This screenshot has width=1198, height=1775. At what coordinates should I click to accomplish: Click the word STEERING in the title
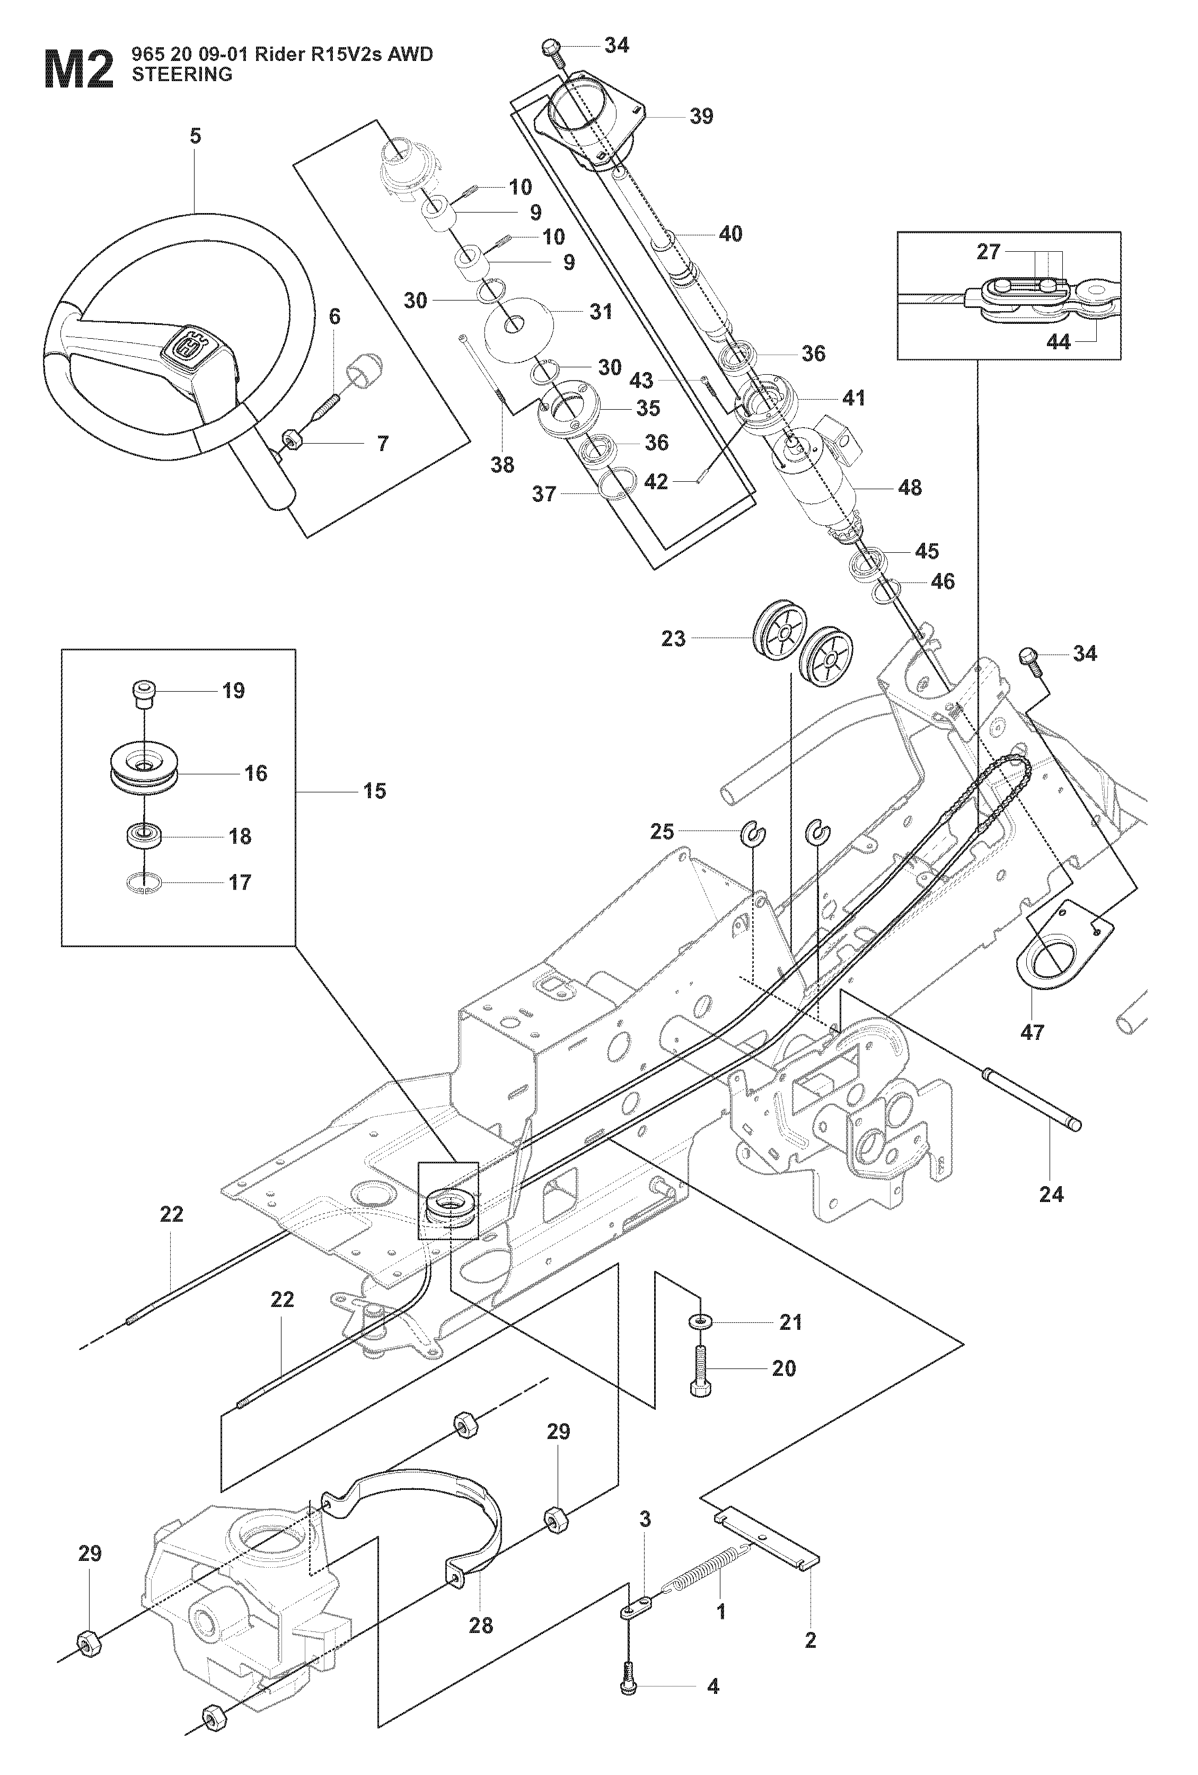click(x=182, y=75)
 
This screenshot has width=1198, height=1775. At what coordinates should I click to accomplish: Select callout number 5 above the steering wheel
click(x=196, y=136)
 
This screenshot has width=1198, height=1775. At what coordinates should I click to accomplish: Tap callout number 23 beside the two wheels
click(x=673, y=639)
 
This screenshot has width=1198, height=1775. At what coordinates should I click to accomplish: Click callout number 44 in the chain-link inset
click(x=1058, y=342)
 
